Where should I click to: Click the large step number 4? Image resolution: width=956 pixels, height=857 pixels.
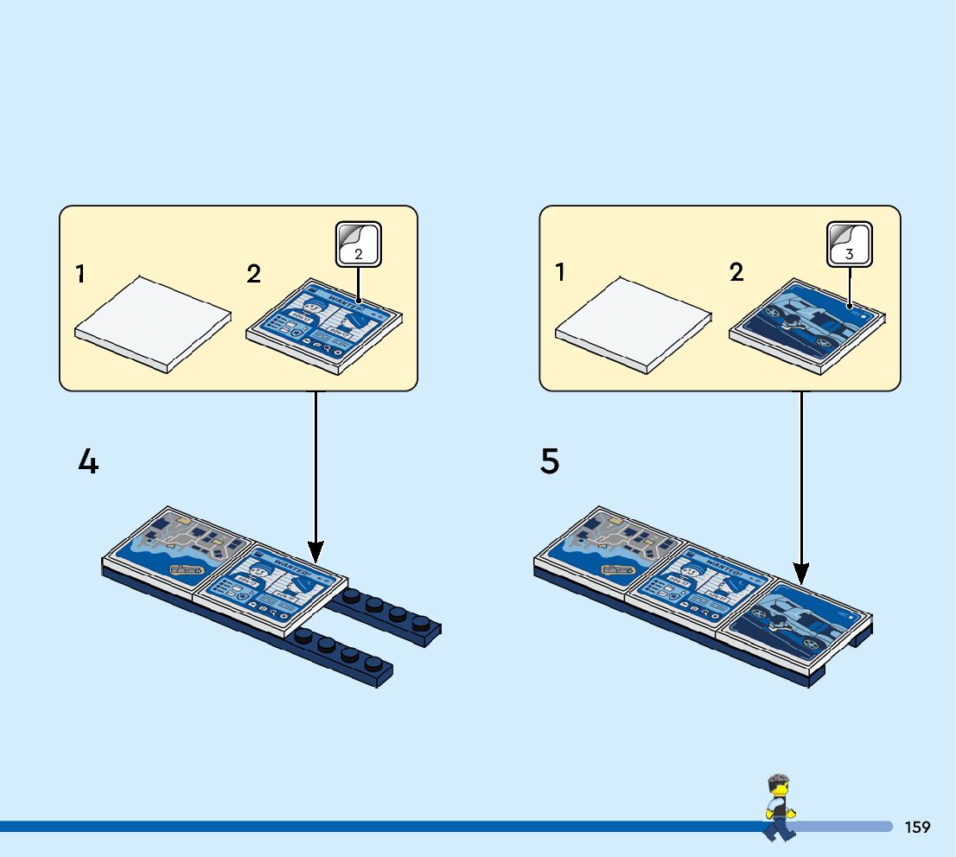(x=88, y=463)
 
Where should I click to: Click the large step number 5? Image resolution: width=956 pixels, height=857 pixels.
(x=550, y=462)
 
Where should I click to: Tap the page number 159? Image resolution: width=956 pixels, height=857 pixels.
(x=917, y=828)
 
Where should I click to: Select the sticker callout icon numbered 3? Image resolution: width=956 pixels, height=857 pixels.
(x=850, y=244)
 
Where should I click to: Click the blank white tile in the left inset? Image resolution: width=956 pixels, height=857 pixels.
(x=154, y=324)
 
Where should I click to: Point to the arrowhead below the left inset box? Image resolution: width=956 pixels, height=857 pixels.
(x=315, y=549)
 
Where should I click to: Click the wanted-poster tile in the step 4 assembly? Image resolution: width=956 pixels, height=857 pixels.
(x=272, y=587)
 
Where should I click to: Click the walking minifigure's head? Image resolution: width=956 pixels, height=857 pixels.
(x=779, y=788)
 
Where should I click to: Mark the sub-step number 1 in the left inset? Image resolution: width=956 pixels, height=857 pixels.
(x=80, y=275)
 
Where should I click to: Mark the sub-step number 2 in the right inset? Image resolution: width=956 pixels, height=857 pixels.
(x=736, y=273)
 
